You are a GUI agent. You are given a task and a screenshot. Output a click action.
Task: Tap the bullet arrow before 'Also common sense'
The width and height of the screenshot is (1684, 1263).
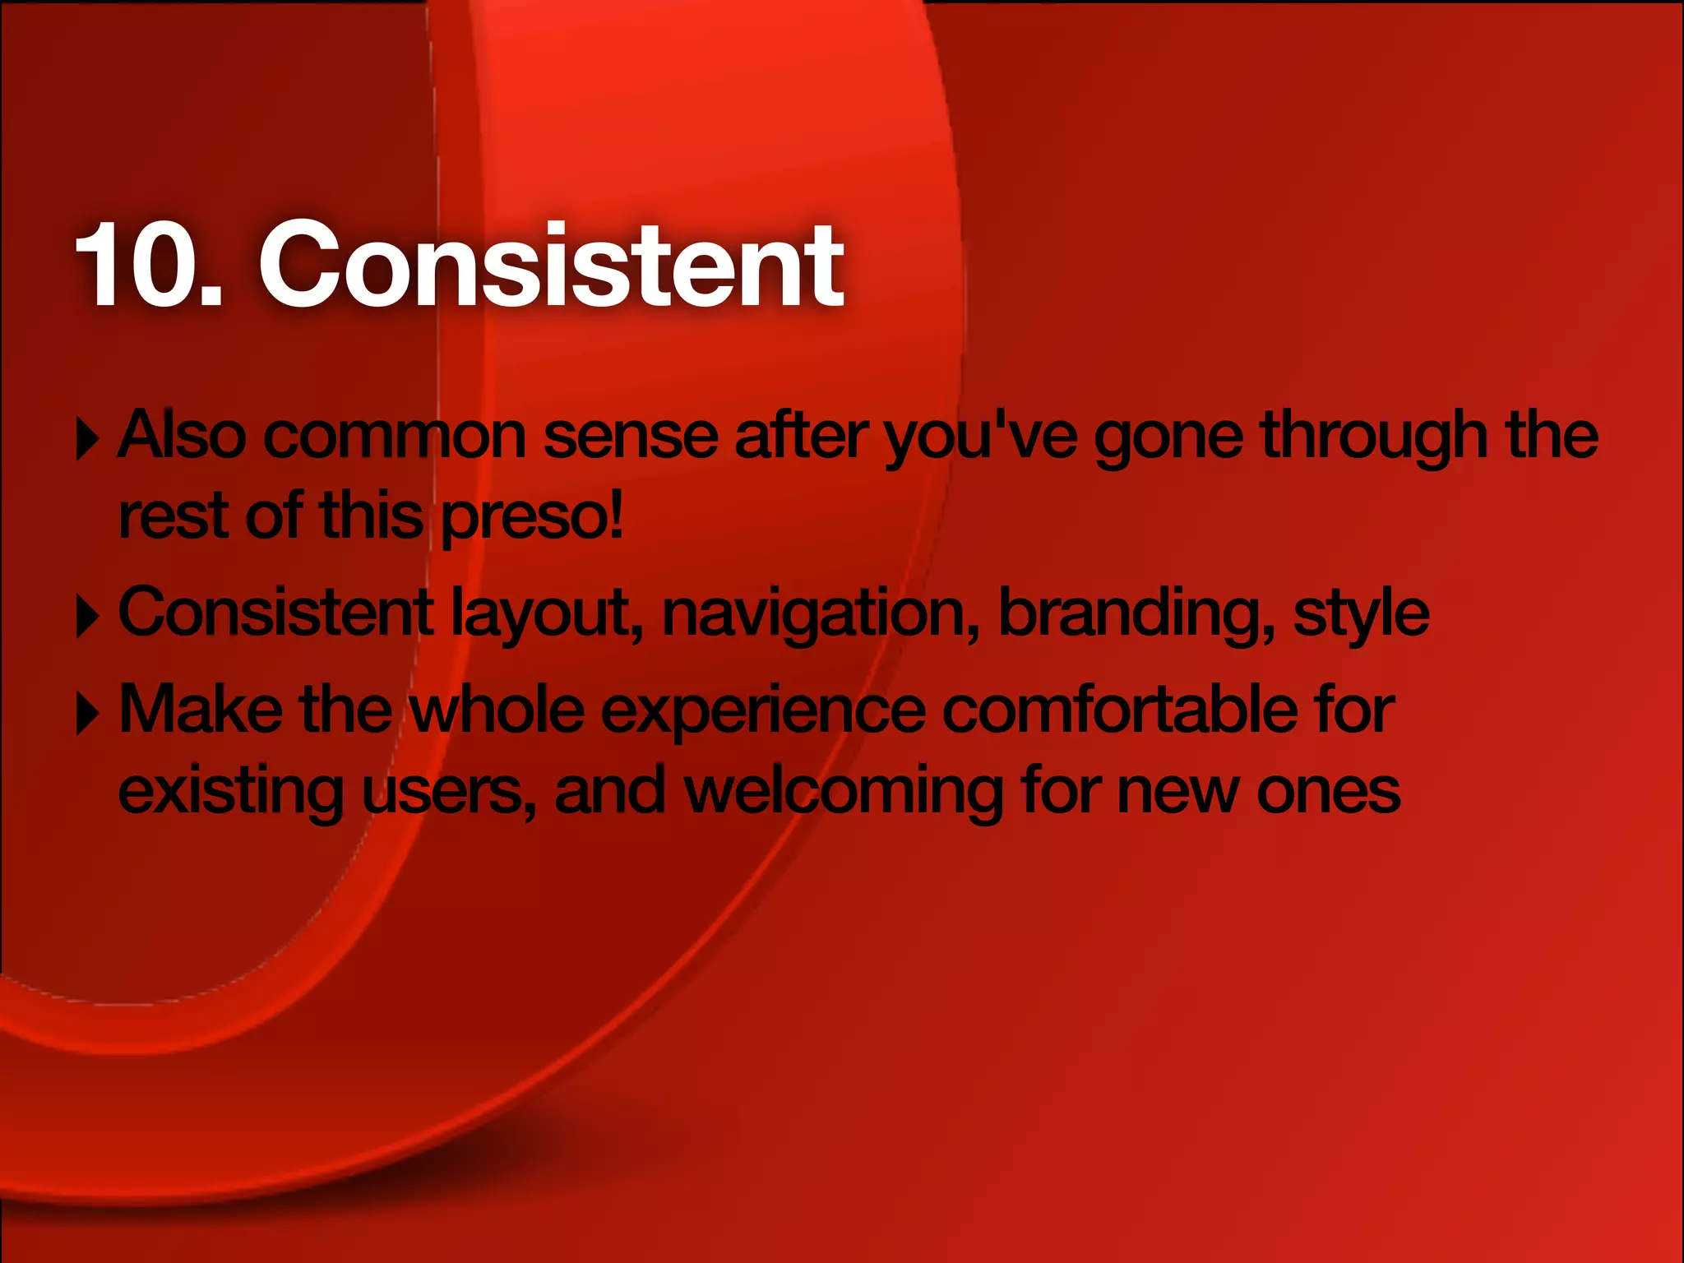[x=86, y=439]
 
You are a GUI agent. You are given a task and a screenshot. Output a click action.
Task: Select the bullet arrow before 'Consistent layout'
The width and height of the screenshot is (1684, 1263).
[x=86, y=617]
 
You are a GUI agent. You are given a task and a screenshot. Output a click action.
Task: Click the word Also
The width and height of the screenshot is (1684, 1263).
[x=182, y=435]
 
